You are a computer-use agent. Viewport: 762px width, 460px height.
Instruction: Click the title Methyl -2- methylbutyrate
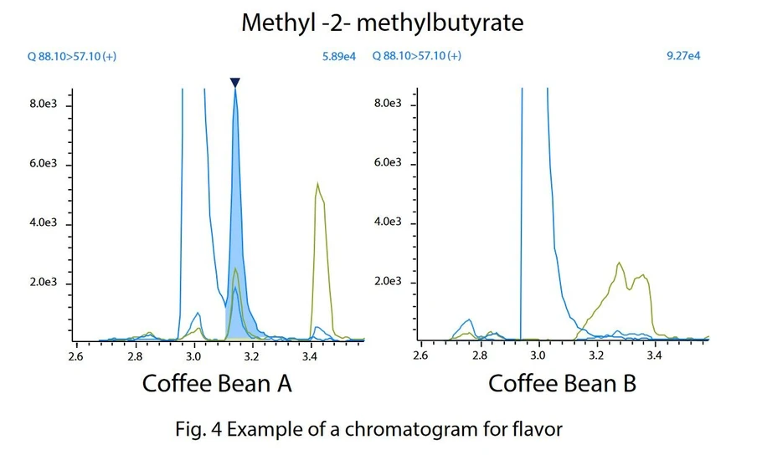[382, 22]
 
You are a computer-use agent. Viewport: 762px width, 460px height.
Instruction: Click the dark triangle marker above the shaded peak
[235, 82]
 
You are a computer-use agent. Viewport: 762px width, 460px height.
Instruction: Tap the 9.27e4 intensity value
[683, 56]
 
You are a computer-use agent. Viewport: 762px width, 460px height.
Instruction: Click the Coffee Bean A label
[217, 383]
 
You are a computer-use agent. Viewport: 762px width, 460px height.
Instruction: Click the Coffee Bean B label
[562, 383]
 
